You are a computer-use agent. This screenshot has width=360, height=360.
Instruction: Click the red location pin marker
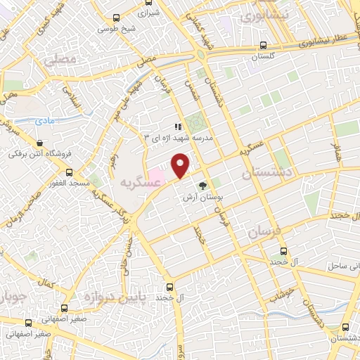181,166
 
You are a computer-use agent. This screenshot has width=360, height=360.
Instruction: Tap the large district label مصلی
60,61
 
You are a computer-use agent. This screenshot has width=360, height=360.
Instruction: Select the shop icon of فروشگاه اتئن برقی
13,151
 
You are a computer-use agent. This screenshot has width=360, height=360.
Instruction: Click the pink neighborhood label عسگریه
141,183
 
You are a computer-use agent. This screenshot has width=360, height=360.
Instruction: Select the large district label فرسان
265,231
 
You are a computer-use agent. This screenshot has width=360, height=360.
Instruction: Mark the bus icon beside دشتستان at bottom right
344,328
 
